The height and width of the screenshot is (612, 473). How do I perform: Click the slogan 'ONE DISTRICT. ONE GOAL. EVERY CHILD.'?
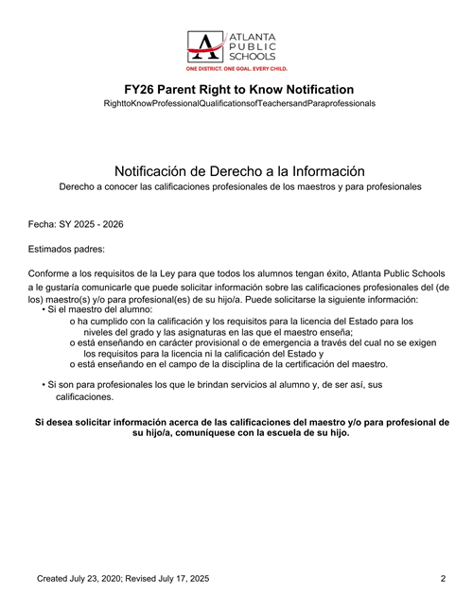coord(236,70)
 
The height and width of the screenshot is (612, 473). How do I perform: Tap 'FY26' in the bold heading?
coord(143,89)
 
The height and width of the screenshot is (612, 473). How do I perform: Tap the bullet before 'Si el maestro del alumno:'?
coord(44,309)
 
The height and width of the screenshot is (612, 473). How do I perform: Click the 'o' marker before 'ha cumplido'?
coord(73,322)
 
